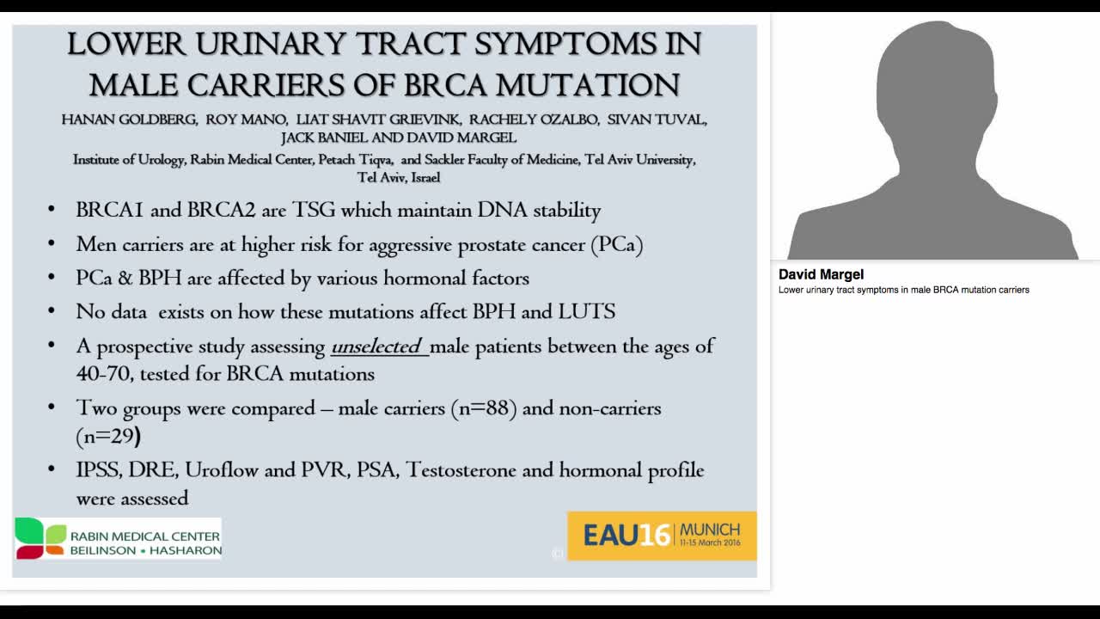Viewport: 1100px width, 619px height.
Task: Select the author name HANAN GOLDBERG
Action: pyautogui.click(x=128, y=120)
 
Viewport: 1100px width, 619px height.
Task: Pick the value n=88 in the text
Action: pyautogui.click(x=484, y=408)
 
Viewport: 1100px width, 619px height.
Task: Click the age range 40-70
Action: pyautogui.click(x=105, y=374)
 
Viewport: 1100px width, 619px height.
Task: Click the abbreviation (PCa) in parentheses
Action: pyautogui.click(x=616, y=244)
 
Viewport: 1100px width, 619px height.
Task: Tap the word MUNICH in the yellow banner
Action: pyautogui.click(x=711, y=529)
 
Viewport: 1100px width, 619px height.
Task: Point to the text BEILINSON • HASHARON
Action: pyautogui.click(x=145, y=550)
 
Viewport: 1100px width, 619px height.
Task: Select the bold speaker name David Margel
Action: pyautogui.click(x=821, y=274)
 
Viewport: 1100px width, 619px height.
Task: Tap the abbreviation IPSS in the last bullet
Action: pyautogui.click(x=99, y=470)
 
